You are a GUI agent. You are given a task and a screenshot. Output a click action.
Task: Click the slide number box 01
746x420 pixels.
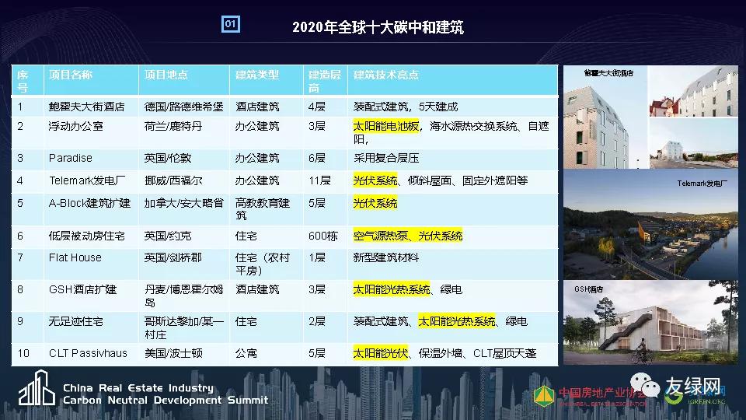pos(231,25)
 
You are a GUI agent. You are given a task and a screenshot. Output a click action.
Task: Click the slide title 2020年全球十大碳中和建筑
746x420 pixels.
pos(378,27)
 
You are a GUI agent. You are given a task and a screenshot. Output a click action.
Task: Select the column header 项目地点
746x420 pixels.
pos(166,75)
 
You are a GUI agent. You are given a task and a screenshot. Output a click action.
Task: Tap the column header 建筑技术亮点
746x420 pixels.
pos(386,75)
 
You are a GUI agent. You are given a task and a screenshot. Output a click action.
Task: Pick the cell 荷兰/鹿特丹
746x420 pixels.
pos(173,126)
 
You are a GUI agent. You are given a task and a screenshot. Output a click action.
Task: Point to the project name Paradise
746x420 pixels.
pos(70,158)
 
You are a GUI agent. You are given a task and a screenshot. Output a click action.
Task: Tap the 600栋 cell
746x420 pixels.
pos(322,236)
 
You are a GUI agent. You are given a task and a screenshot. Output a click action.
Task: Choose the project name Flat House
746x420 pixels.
pos(75,257)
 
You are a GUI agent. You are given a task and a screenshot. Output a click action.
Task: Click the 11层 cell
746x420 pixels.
pos(319,180)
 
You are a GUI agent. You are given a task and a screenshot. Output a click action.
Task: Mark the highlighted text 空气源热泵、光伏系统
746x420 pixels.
pos(407,236)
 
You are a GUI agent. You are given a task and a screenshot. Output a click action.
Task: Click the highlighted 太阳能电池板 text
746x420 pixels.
pos(386,126)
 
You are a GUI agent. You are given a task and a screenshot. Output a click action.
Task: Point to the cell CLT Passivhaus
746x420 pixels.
pos(87,353)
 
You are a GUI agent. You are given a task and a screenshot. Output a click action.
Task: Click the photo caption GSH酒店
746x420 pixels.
pos(588,289)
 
